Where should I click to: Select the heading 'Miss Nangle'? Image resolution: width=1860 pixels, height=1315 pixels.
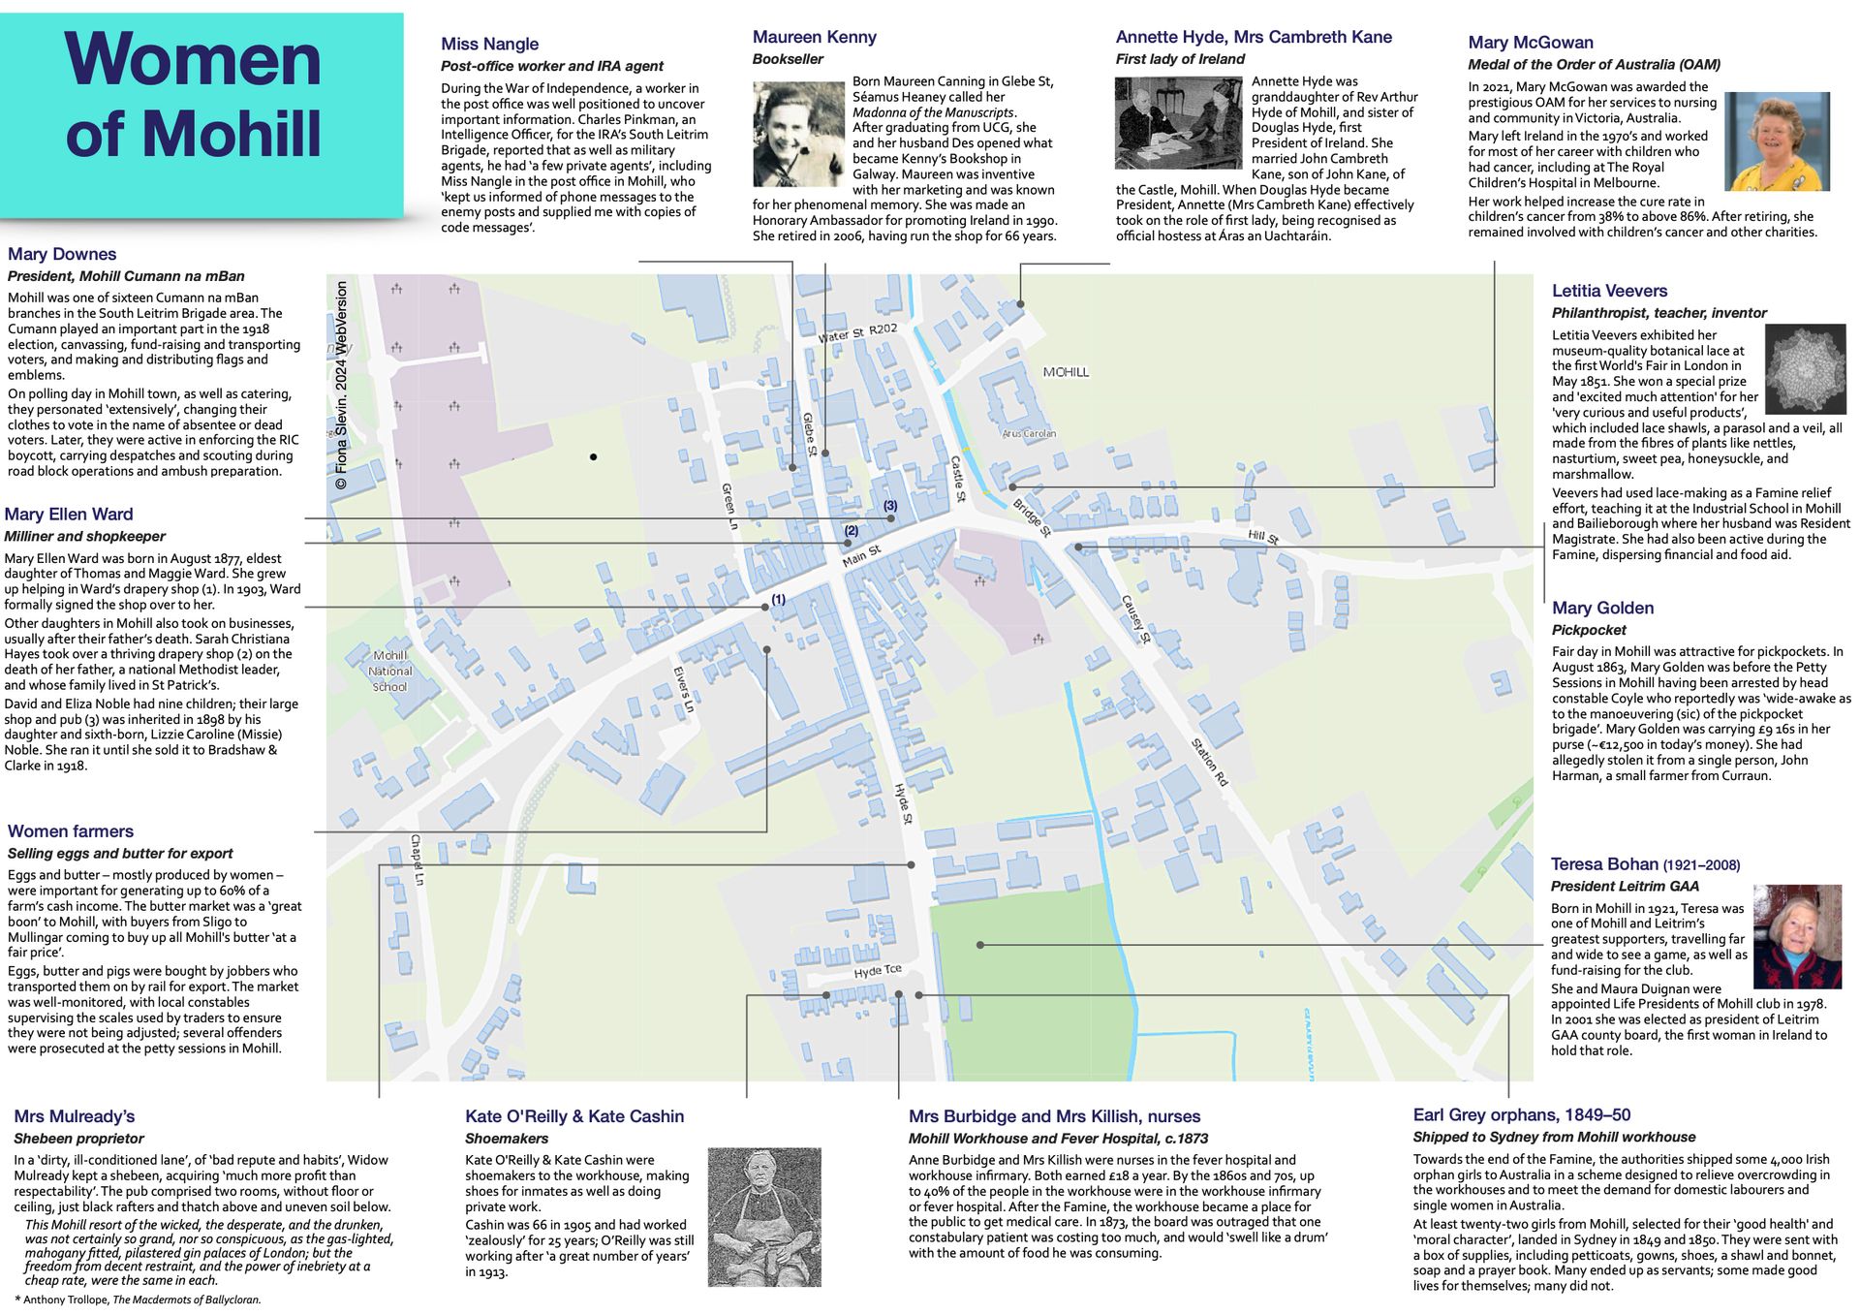coord(489,45)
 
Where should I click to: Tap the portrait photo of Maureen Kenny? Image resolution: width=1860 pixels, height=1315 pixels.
coord(798,134)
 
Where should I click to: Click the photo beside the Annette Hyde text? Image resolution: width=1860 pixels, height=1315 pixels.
coord(1177,124)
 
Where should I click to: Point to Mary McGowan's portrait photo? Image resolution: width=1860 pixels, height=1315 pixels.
coord(1777,141)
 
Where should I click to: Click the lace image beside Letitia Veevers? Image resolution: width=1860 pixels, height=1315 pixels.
coord(1805,369)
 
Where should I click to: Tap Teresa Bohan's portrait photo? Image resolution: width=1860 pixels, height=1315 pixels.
coord(1797,936)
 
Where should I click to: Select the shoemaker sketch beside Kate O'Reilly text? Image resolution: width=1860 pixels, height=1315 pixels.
coord(764,1217)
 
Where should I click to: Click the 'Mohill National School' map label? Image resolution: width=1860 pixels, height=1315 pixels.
coord(389,671)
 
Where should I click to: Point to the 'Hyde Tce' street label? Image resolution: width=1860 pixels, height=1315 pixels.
coord(878,971)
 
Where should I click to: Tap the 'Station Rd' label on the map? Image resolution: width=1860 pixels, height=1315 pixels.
coord(1209,762)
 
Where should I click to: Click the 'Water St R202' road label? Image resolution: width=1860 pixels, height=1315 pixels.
coord(857,333)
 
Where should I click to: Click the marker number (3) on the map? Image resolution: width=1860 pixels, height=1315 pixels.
coord(889,506)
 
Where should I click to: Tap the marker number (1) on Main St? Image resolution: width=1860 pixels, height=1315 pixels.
coord(778,600)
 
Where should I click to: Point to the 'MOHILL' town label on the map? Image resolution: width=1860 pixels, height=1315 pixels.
coord(1066,372)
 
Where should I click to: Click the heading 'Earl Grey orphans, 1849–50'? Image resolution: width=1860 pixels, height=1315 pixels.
coord(1521,1115)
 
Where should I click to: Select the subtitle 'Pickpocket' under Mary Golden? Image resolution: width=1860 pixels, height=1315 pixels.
coord(1588,630)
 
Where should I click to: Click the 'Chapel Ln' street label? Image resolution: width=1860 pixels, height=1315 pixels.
coord(417,860)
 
